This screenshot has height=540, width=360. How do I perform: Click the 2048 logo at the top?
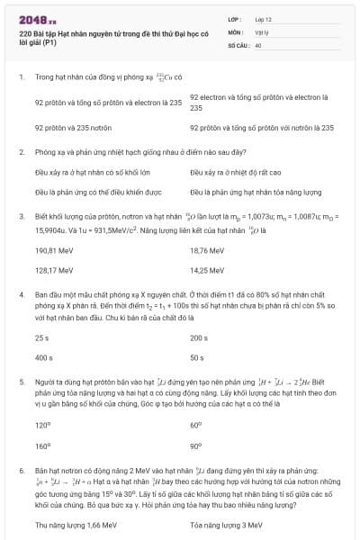pos(37,17)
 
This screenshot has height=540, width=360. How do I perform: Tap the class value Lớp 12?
pos(263,18)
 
